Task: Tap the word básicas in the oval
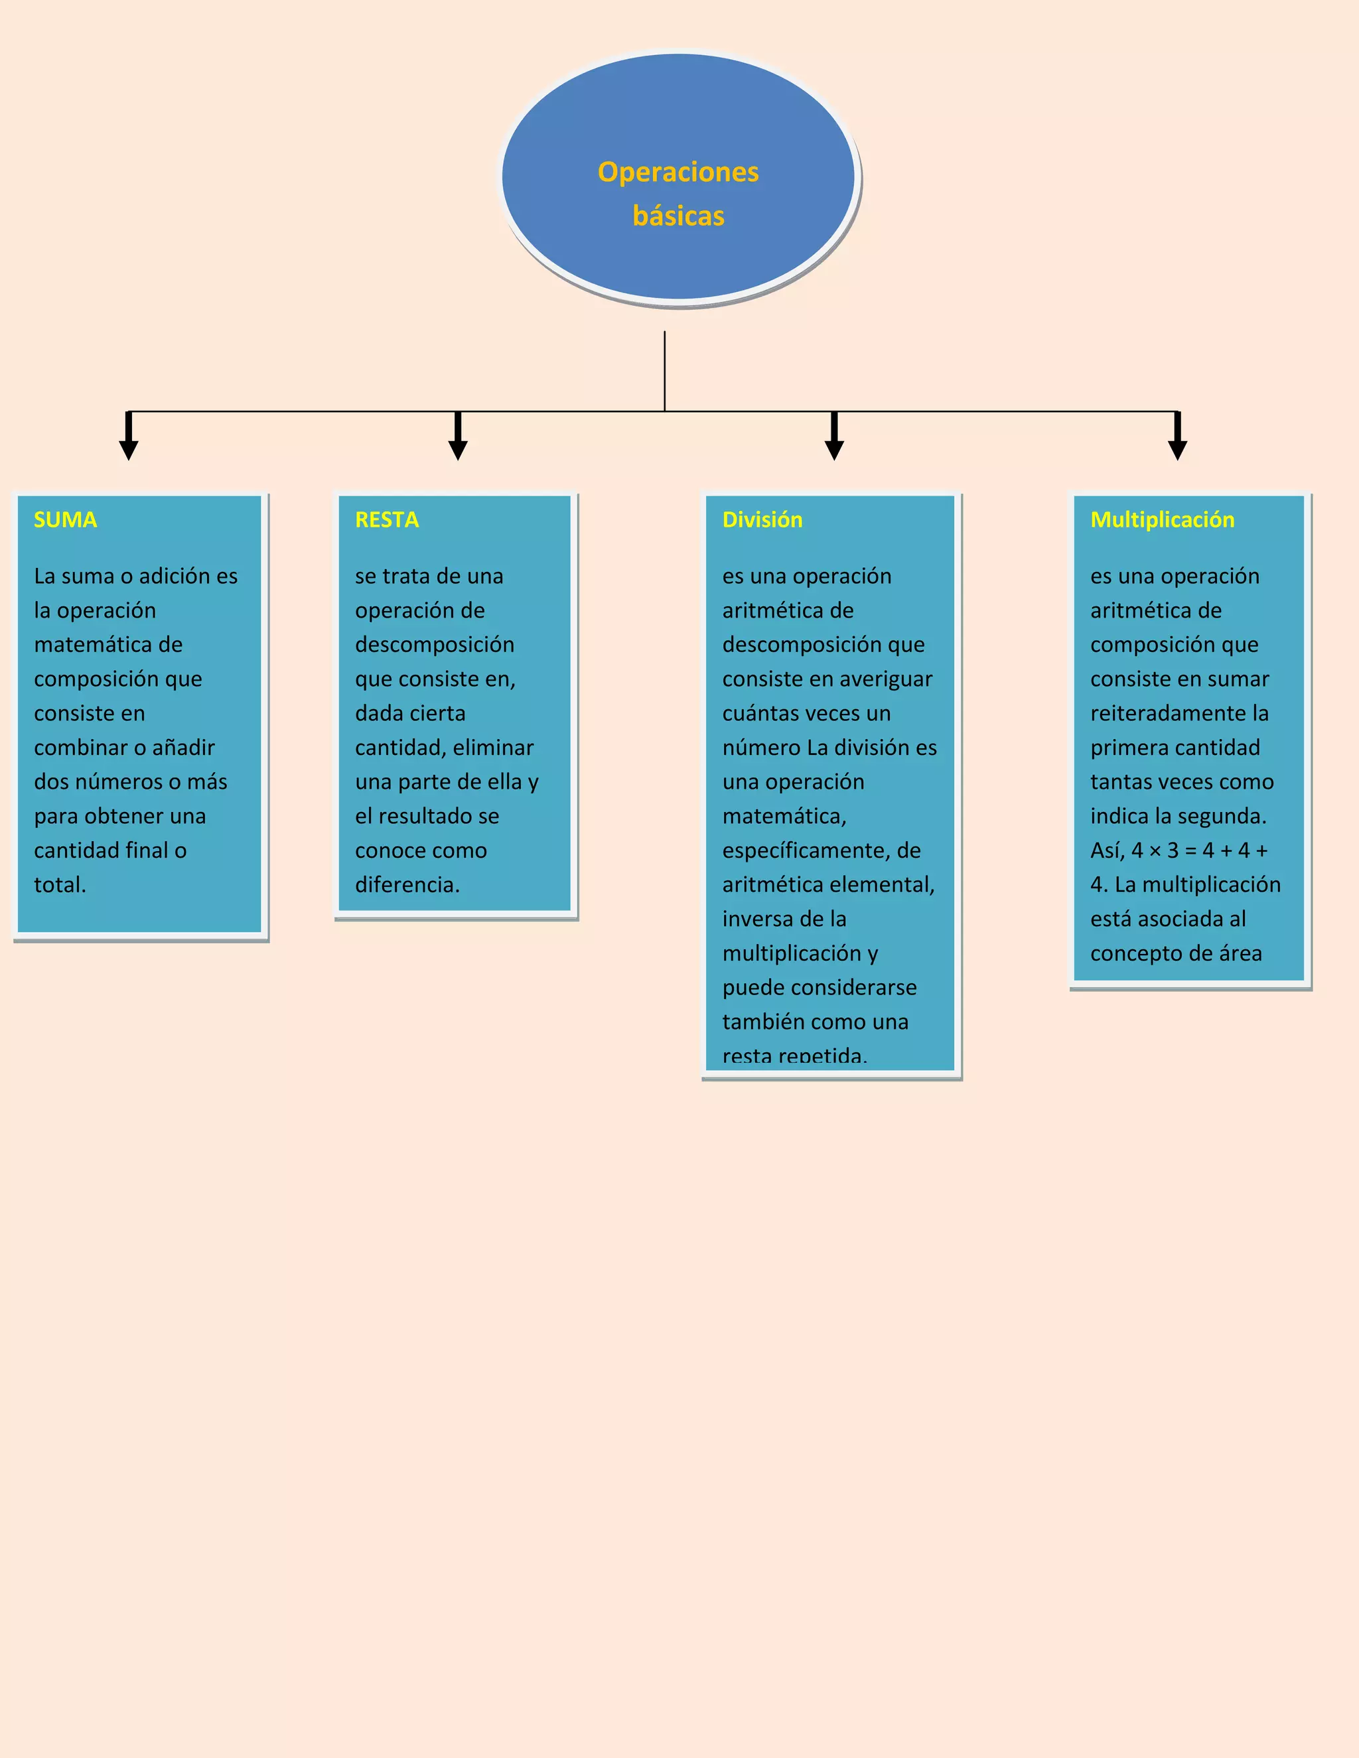pos(678,216)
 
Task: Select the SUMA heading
pos(65,520)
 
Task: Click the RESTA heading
pos(386,520)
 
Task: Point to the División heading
pos(762,520)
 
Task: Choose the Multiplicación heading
pos(1162,520)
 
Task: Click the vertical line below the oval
pos(664,370)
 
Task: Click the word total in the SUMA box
pos(58,884)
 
